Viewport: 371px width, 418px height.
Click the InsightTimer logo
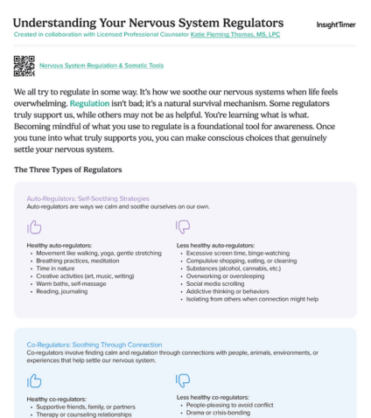[x=336, y=24]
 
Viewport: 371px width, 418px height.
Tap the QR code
[x=24, y=66]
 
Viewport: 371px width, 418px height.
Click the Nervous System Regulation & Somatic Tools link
[x=101, y=66]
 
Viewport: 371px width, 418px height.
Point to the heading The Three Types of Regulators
[x=67, y=169]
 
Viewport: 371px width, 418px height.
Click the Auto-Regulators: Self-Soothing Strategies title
[x=87, y=199]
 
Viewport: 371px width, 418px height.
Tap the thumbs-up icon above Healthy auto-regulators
[x=35, y=226]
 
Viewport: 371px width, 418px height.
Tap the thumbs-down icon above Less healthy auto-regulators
[x=184, y=226]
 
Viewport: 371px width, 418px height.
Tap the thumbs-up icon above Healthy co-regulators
[x=35, y=380]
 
